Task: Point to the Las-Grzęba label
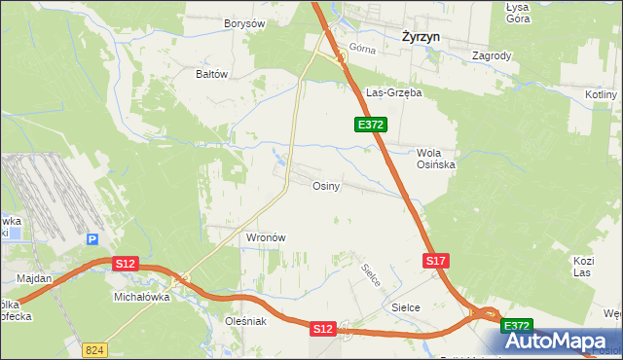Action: click(x=393, y=93)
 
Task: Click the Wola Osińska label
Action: click(x=436, y=159)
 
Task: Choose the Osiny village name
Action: click(x=325, y=186)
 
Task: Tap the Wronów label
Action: click(x=265, y=237)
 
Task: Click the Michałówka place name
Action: click(x=142, y=298)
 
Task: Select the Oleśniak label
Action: click(x=245, y=321)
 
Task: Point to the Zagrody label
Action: click(x=491, y=55)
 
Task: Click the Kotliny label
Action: click(x=603, y=94)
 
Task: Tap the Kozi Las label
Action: click(x=583, y=268)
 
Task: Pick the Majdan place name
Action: click(x=34, y=278)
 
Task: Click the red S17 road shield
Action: click(x=435, y=261)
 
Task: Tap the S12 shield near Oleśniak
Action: click(x=323, y=330)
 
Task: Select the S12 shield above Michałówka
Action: click(x=125, y=264)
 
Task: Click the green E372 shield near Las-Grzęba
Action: click(x=371, y=125)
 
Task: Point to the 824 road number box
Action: click(x=93, y=348)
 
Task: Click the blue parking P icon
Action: click(x=92, y=239)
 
